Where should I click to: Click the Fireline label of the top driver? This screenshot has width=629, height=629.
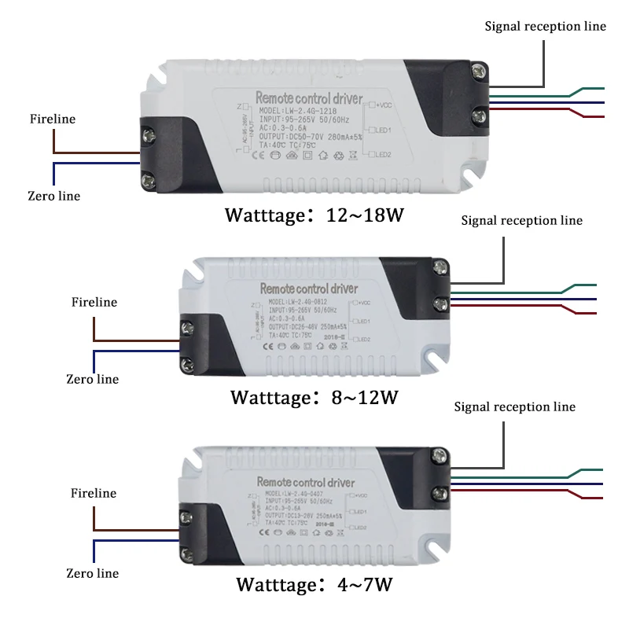coord(53,119)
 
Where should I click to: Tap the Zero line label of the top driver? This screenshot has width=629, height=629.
coord(53,196)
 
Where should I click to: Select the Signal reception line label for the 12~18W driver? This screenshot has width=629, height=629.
coord(545,26)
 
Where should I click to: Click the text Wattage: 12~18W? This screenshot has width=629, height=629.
coord(314,215)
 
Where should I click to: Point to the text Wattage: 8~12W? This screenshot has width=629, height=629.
coord(314,397)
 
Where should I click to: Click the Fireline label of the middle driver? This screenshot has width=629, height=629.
coord(94,302)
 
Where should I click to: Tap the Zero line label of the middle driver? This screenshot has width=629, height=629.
coord(93,379)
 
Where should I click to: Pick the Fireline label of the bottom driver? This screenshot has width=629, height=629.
coord(93,493)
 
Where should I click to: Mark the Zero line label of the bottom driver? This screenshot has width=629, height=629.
coord(93,573)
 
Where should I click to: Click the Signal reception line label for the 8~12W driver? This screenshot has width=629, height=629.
coord(522,220)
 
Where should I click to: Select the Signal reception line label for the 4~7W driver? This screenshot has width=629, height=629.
coord(515,406)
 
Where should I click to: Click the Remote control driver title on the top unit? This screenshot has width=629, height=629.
coord(309,98)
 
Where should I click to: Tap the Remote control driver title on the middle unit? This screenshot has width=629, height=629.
coord(308,289)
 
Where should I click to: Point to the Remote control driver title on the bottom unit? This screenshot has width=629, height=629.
coord(307,482)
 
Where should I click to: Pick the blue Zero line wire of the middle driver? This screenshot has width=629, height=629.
coord(134,351)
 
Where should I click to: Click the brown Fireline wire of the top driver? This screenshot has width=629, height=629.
coord(94,153)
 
